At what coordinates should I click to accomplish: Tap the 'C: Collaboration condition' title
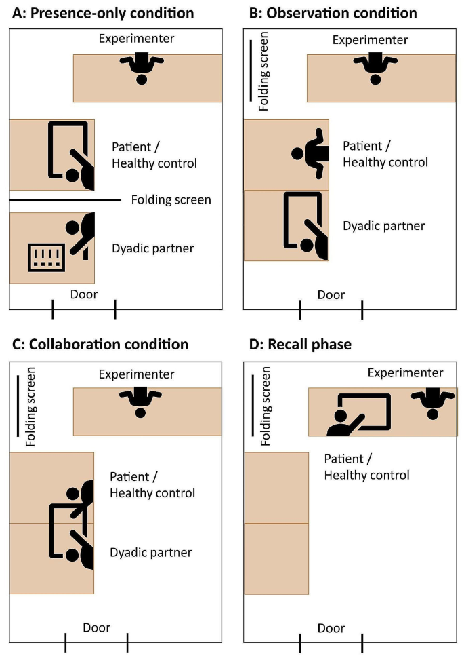(100, 345)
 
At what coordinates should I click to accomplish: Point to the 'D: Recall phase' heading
(300, 345)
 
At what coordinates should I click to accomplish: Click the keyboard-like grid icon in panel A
(47, 257)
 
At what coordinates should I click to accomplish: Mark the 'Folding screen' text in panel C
(30, 407)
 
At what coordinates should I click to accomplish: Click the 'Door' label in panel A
(84, 294)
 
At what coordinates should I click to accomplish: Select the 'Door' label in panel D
(331, 628)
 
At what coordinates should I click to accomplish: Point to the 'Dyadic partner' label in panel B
(384, 226)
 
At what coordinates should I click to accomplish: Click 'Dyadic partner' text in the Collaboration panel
(150, 553)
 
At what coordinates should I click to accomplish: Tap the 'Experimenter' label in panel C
(136, 374)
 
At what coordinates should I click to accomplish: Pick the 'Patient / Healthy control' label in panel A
(154, 155)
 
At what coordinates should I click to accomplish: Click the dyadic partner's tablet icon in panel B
(301, 220)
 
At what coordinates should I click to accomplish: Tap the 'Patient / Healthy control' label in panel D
(366, 467)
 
